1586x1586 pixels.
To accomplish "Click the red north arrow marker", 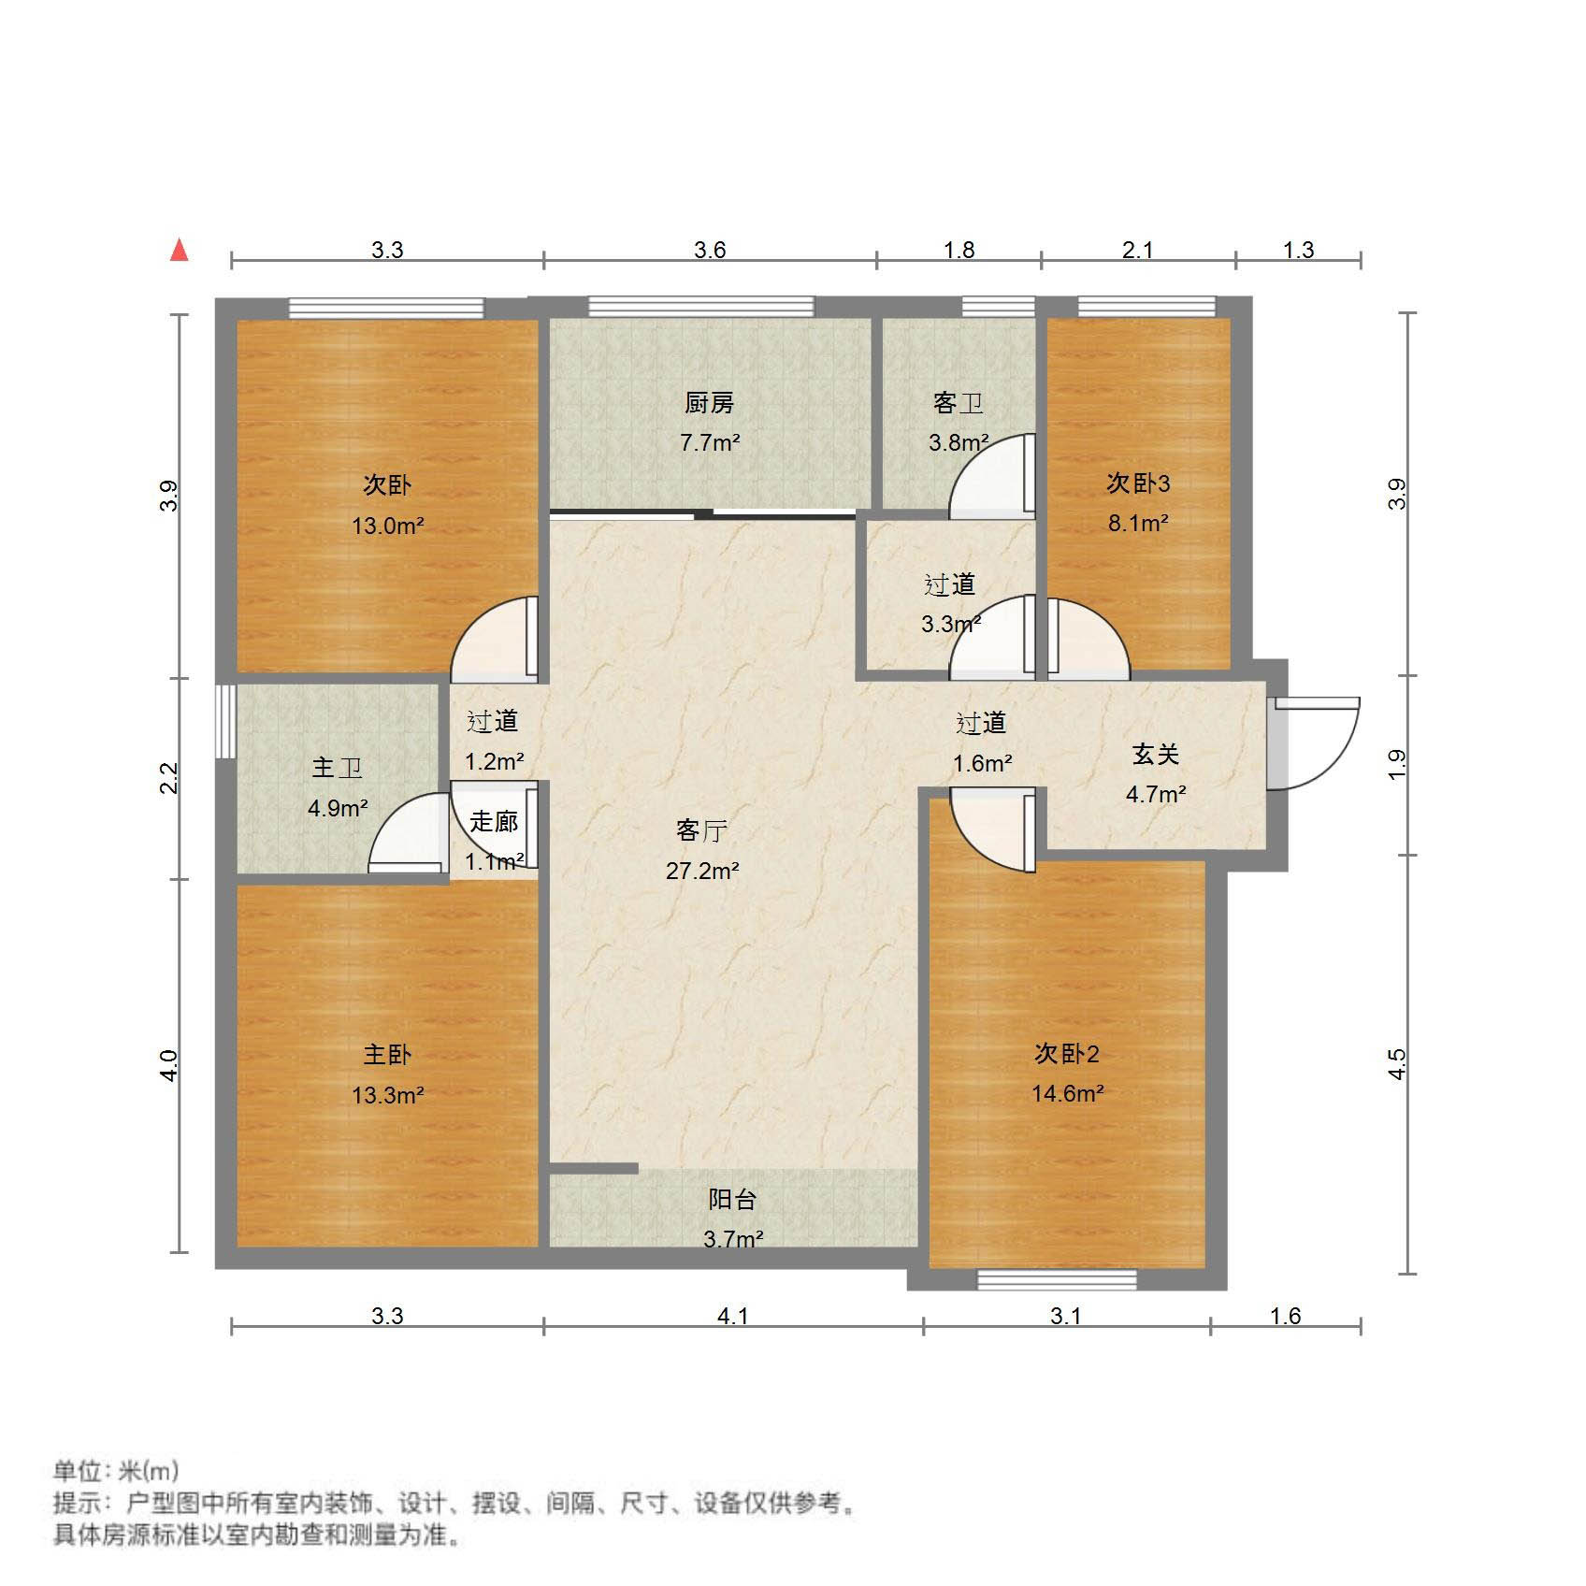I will click(x=179, y=251).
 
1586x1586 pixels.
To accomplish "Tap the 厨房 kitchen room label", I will click(x=709, y=403).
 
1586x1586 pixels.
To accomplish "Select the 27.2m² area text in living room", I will click(x=702, y=872).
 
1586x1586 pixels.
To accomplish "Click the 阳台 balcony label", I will click(x=732, y=1200).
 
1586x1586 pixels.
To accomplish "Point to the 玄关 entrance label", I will click(x=1156, y=754).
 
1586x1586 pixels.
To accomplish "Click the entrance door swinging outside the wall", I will click(x=1319, y=743).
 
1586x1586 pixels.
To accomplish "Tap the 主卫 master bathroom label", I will click(x=337, y=768).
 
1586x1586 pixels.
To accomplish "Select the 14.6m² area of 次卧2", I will click(x=1067, y=1093).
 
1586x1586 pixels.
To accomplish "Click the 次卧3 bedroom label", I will click(x=1138, y=483).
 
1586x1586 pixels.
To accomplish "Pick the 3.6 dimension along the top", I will click(x=710, y=250).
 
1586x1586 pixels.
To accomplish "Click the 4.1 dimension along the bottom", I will click(x=732, y=1316).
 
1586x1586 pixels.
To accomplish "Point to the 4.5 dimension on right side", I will click(x=1396, y=1064).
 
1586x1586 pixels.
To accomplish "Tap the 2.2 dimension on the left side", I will click(x=168, y=778).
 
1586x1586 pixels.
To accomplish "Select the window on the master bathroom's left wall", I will click(x=224, y=721).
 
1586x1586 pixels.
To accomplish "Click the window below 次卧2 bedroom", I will click(x=1057, y=1279).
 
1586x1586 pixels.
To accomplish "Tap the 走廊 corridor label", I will click(x=494, y=822).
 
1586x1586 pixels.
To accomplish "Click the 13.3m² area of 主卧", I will click(x=387, y=1094).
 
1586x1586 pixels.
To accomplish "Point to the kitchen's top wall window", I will click(x=700, y=306).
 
